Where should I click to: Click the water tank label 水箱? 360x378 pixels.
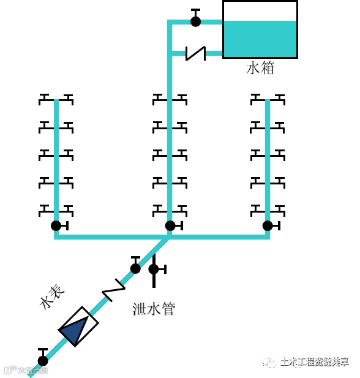(x=260, y=68)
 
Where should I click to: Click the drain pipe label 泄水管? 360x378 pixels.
(x=154, y=309)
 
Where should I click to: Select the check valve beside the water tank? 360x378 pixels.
(x=195, y=53)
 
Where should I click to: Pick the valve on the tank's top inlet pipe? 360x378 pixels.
(x=195, y=21)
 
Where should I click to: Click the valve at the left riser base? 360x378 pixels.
(x=56, y=225)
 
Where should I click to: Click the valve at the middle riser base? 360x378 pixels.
(x=170, y=225)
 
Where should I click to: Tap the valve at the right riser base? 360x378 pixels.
(x=268, y=225)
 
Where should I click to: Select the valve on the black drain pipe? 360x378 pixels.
(x=154, y=269)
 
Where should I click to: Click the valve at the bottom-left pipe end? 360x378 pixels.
(x=42, y=360)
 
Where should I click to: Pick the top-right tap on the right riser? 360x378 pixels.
(x=279, y=98)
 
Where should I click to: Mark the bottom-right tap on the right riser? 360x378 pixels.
(x=279, y=209)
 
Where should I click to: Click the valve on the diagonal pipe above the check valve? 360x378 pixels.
(x=135, y=267)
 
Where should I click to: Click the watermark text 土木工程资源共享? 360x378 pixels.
(x=314, y=362)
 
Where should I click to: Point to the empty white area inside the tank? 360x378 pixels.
(x=260, y=11)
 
